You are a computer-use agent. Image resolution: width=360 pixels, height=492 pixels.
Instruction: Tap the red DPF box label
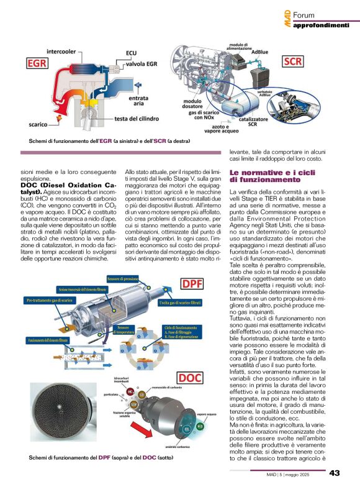[x=196, y=284]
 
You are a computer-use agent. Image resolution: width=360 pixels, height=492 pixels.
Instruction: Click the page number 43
[x=334, y=473]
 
